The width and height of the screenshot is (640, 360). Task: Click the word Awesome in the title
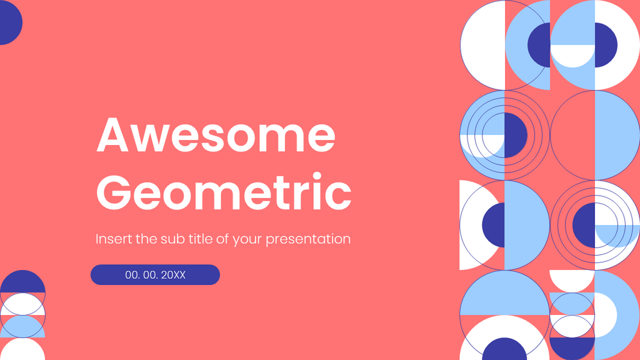point(216,135)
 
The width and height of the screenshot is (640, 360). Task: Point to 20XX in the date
point(173,275)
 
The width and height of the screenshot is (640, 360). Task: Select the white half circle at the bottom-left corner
point(22,350)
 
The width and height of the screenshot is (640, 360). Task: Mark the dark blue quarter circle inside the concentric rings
point(515,134)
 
